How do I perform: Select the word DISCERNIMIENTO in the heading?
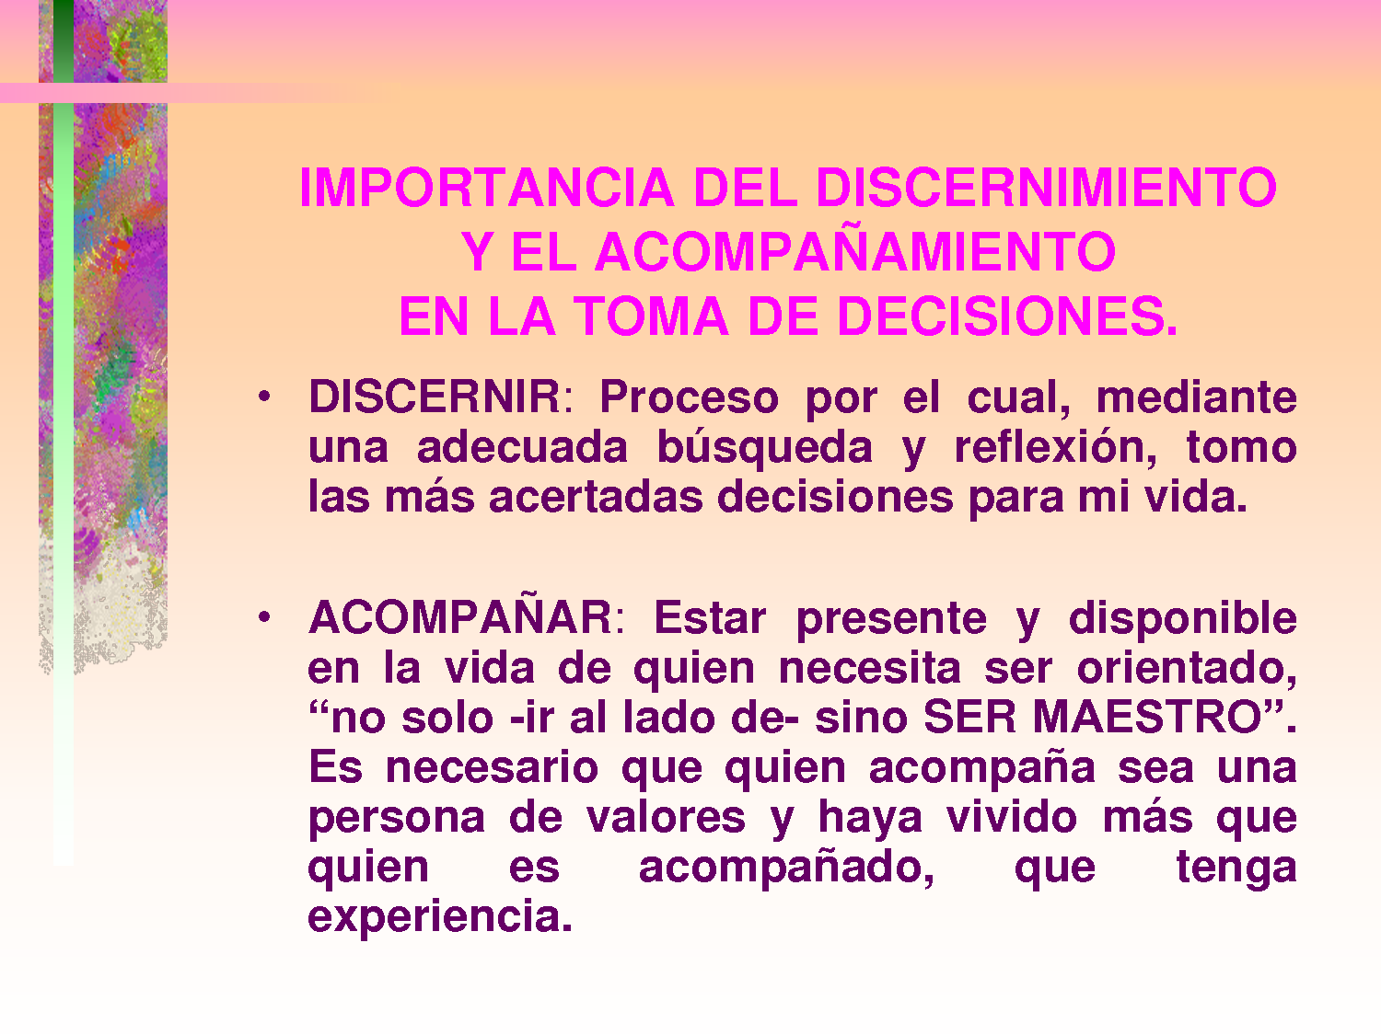(1046, 188)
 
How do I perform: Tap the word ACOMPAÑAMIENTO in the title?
(855, 252)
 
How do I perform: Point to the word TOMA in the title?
(652, 316)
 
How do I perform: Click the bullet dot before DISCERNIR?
(264, 397)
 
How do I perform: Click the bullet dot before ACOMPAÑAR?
(264, 617)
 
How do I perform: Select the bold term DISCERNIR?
(435, 397)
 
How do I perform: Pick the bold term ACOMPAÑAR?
(460, 617)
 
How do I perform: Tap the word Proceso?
(689, 397)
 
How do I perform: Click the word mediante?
(1196, 397)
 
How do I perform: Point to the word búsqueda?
(764, 448)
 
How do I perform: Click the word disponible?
(1182, 618)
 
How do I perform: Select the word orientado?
(1187, 668)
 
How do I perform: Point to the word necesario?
(492, 767)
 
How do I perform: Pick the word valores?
(666, 817)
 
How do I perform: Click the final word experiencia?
(440, 916)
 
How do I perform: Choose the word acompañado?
(786, 867)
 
